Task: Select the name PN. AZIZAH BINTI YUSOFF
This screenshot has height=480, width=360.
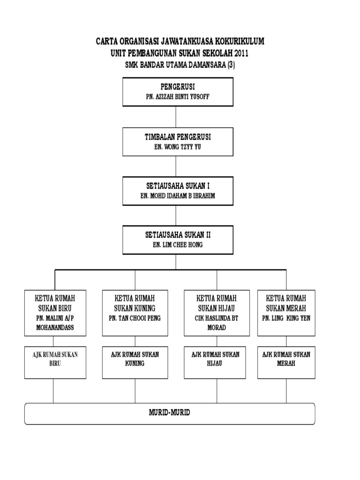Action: (x=177, y=97)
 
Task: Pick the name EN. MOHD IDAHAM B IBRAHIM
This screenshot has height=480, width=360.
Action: (x=177, y=196)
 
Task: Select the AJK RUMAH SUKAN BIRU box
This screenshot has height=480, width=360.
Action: (x=55, y=363)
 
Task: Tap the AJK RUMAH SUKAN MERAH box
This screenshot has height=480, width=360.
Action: (x=286, y=363)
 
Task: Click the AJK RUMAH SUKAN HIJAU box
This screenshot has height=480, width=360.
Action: (x=216, y=363)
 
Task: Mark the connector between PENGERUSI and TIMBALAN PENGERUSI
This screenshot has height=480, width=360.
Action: (x=176, y=117)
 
